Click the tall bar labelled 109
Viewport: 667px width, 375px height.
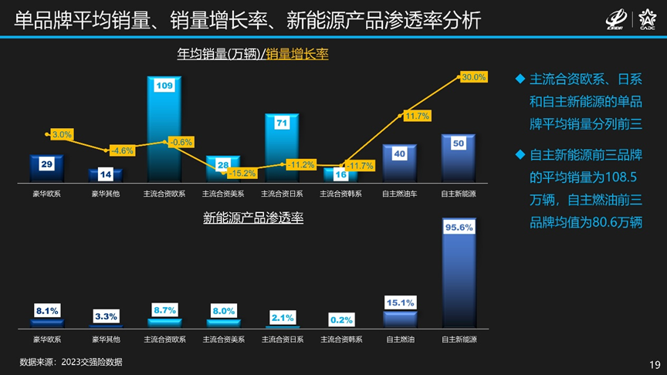coord(164,131)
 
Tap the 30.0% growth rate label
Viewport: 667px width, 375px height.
coord(473,77)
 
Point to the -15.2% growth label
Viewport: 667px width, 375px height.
coord(242,173)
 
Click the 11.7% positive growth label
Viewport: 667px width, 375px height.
coord(417,116)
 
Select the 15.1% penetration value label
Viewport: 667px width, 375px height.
coord(400,302)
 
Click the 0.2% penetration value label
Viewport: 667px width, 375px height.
coord(341,319)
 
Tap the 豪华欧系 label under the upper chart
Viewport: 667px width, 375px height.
coord(46,194)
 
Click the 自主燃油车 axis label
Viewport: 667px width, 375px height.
coord(399,194)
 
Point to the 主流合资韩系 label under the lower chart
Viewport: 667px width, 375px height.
coord(340,339)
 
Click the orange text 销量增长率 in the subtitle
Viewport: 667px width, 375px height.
coord(297,54)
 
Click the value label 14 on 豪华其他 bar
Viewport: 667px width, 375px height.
coord(106,174)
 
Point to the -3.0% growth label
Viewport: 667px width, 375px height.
coord(62,135)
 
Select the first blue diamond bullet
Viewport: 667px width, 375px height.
coord(520,79)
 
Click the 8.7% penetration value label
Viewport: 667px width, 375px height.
coord(165,309)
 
